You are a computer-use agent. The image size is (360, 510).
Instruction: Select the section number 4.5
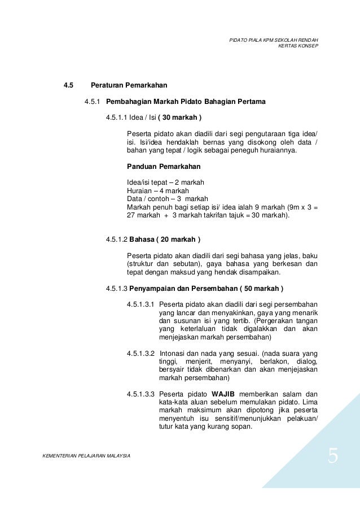coord(68,86)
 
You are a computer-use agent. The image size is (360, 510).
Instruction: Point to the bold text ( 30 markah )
coord(179,117)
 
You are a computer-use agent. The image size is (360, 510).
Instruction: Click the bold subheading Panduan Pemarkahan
coord(163,168)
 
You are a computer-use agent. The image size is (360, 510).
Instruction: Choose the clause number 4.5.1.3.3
coord(141,394)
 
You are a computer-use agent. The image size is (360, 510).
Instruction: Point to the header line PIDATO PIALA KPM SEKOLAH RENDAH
coord(274,40)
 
